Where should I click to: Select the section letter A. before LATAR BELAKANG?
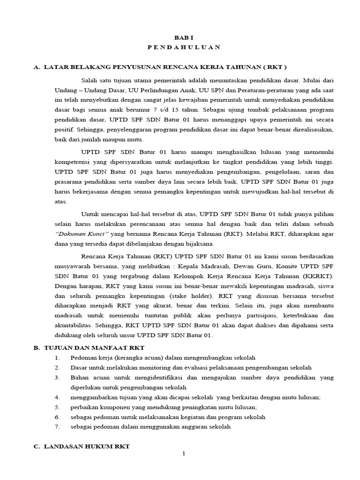(37, 67)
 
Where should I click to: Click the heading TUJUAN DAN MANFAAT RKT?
(94, 347)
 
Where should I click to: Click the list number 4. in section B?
(57, 397)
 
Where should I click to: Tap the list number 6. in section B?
(57, 417)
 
